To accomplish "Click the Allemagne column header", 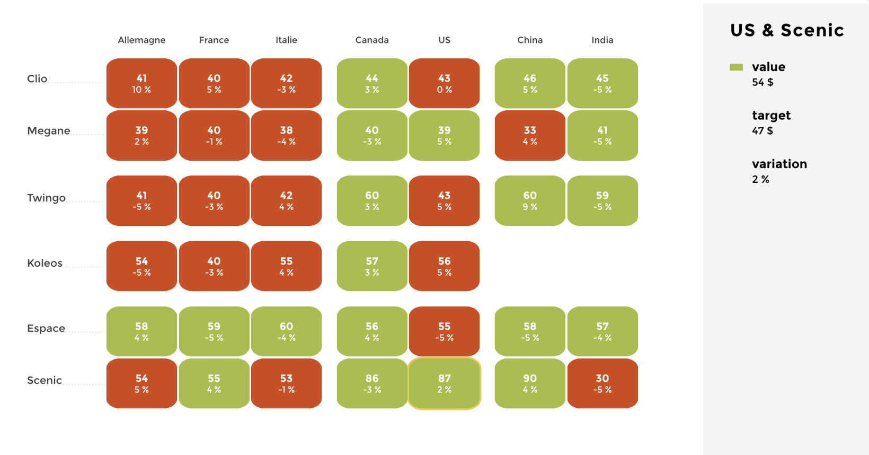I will pos(141,40).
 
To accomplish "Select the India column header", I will pos(602,40).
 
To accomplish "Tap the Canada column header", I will pos(372,40).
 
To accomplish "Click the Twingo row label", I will pos(47,198).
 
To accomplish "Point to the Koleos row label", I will pos(45,263).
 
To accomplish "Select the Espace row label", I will pos(46,328).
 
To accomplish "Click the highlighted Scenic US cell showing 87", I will pos(444,383).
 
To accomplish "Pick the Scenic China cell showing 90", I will pos(530,383).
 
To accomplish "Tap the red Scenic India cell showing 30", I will pos(602,383).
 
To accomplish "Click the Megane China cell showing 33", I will pos(530,136).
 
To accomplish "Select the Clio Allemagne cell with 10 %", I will pos(141,84).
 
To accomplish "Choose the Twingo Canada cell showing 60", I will pos(372,201).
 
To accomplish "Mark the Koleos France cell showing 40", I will pos(214,266).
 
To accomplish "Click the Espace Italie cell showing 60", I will pos(286,331).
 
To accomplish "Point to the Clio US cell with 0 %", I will pos(444,84).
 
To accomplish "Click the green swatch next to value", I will pos(736,67).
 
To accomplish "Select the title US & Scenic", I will pos(787,30).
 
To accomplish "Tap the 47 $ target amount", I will pos(762,130).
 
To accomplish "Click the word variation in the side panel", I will pos(779,164).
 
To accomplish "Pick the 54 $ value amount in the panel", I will pos(762,82).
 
